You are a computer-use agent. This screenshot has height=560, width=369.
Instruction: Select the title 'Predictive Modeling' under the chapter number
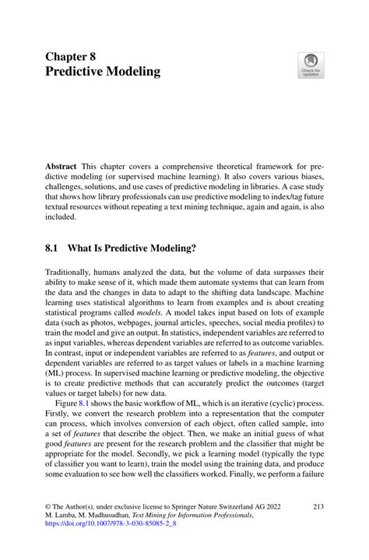click(103, 72)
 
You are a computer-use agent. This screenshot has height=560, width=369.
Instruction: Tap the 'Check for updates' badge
click(311, 65)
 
